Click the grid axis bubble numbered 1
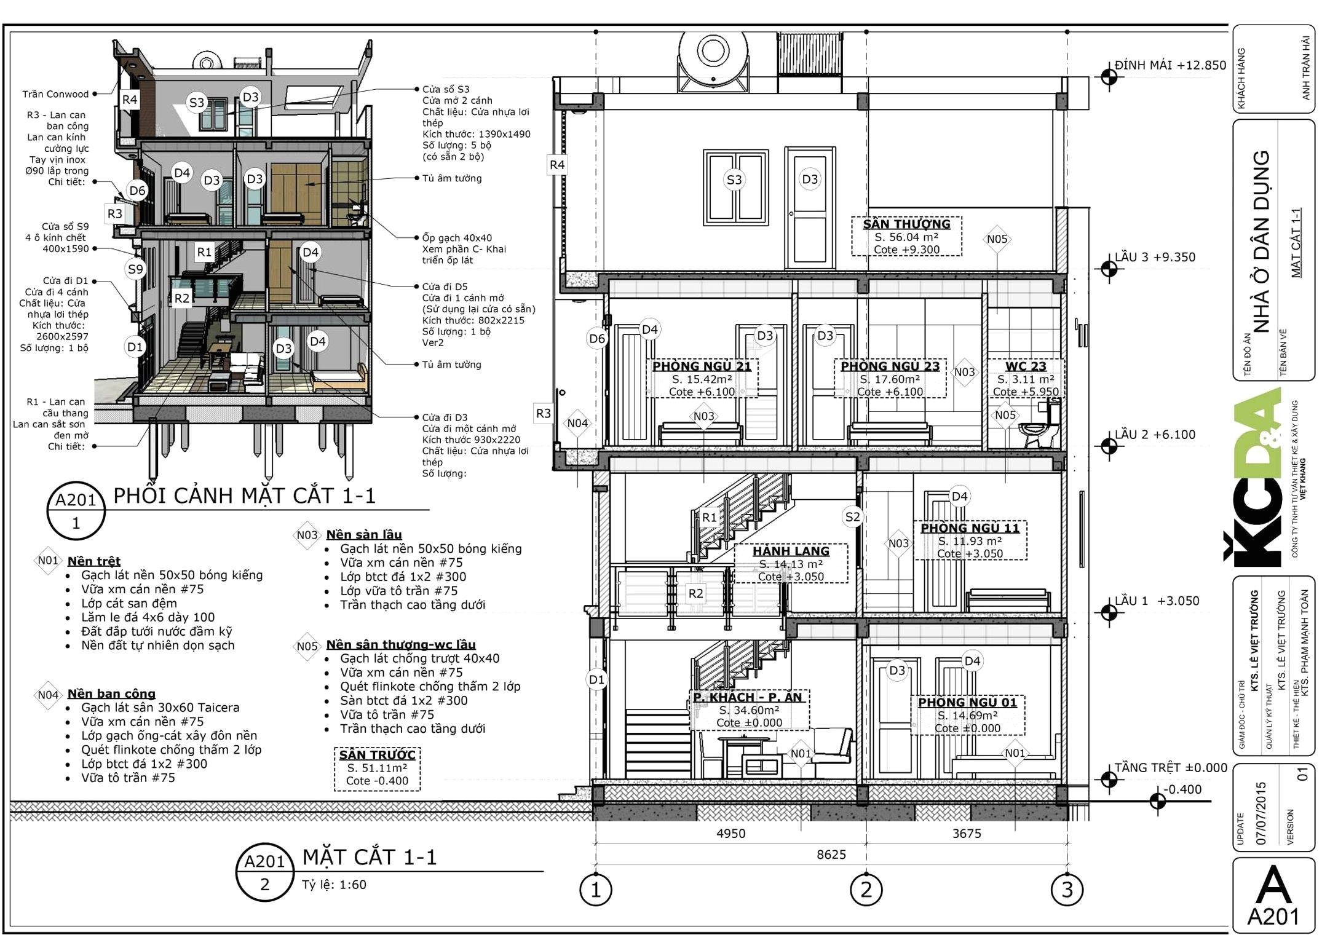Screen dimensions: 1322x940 (x=595, y=890)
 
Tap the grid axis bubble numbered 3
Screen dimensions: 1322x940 (x=1067, y=890)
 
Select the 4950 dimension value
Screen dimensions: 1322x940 (x=730, y=834)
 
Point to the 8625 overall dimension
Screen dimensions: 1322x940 (x=831, y=855)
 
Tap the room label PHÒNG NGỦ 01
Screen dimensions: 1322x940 (x=967, y=702)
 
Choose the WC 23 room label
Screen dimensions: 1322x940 (x=1026, y=366)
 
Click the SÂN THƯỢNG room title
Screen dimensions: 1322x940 (x=906, y=224)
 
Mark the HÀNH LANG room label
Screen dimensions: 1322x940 (x=791, y=551)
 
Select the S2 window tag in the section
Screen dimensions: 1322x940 (x=852, y=517)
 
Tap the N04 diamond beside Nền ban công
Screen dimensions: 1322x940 (x=48, y=695)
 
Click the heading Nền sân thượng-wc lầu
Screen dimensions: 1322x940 (x=401, y=644)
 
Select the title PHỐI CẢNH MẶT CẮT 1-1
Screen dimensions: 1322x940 (x=244, y=496)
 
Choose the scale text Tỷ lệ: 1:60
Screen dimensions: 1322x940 (x=334, y=885)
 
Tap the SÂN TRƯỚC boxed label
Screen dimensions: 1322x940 (x=378, y=768)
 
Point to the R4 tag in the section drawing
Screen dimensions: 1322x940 (x=557, y=165)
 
